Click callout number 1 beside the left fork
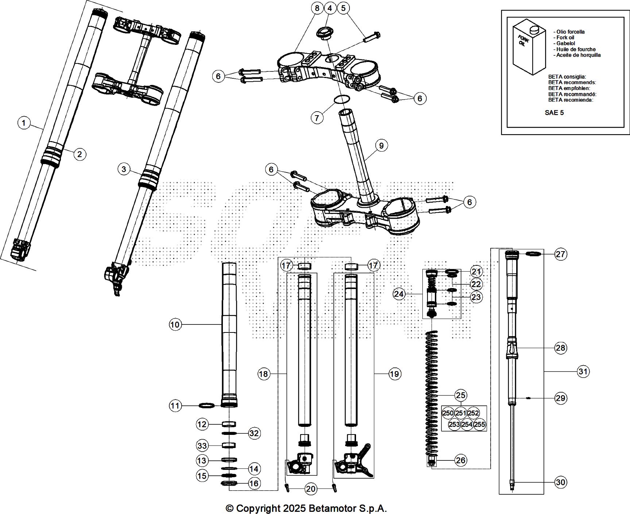point(24,122)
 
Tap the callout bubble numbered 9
point(381,146)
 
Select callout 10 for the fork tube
point(175,324)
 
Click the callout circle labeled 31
point(583,371)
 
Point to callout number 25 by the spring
point(461,395)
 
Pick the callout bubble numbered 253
point(454,424)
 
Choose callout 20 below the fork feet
point(310,489)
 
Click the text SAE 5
point(554,113)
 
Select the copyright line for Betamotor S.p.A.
point(306,508)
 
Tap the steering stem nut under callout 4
point(323,34)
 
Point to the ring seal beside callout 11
point(206,405)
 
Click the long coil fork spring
point(432,394)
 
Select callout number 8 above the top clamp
point(317,8)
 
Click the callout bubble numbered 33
point(202,445)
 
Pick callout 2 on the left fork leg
point(80,154)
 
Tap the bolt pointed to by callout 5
point(372,36)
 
